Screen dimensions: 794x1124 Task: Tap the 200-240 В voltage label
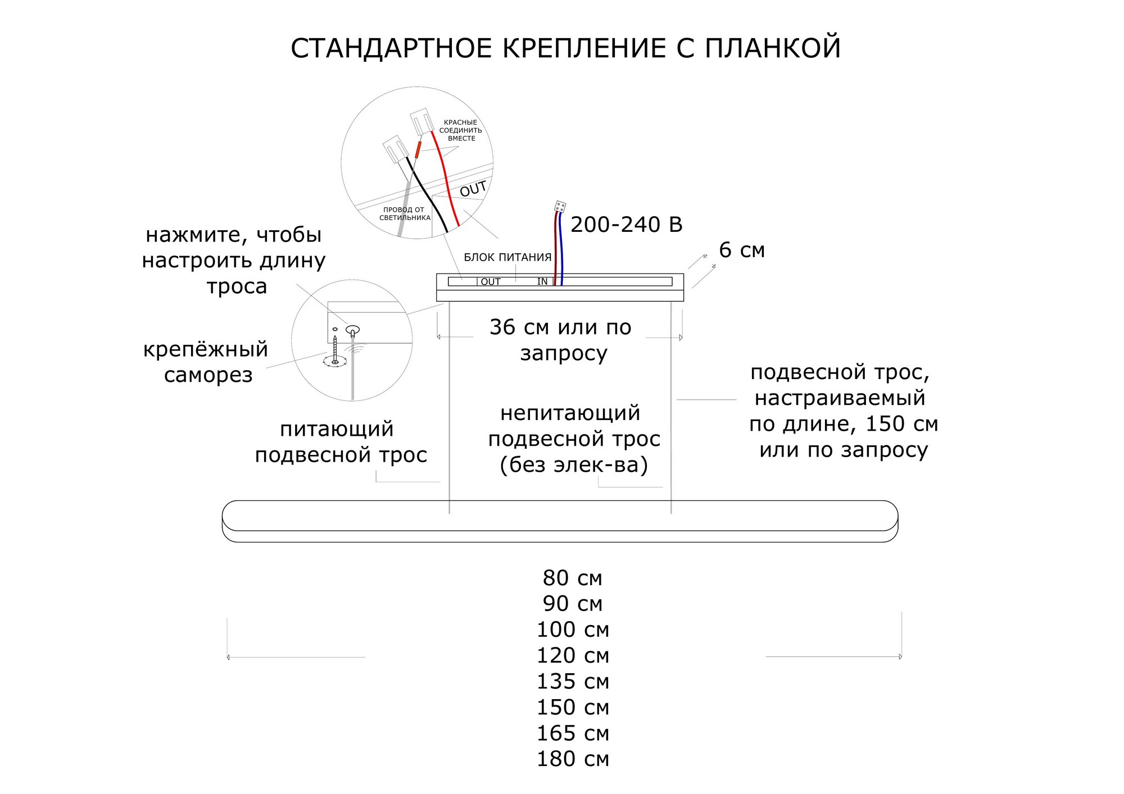coord(626,225)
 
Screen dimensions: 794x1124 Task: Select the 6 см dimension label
coord(742,250)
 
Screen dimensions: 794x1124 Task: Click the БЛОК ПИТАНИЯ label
coord(507,258)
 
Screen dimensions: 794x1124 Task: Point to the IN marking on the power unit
coord(542,281)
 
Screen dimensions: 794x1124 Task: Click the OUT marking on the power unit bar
coord(491,282)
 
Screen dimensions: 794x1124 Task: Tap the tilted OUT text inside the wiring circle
coord(473,189)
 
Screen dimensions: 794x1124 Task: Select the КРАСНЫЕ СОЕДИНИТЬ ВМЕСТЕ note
coord(460,130)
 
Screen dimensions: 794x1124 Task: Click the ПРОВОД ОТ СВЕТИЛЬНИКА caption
coord(404,214)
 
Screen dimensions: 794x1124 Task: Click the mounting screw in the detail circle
coord(335,351)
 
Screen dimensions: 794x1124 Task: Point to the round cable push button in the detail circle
coord(352,330)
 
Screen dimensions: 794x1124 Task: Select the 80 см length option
coord(572,578)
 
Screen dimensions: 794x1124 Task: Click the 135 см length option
coord(572,682)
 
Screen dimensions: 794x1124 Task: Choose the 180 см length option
coord(572,759)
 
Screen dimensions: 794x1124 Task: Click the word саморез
coord(208,375)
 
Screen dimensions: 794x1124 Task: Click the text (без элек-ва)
coord(573,465)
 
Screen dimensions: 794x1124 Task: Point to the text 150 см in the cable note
coord(901,424)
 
